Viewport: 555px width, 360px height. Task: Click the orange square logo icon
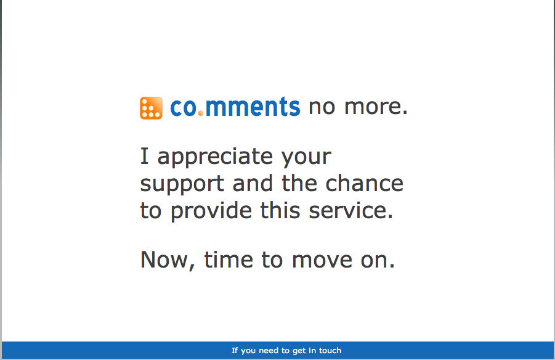coord(151,108)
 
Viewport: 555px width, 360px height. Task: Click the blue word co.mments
coord(235,107)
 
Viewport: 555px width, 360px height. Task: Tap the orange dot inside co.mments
coord(201,113)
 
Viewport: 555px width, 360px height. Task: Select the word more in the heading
coord(376,107)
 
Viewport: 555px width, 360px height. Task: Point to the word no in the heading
coord(322,107)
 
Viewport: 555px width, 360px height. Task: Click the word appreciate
coord(215,157)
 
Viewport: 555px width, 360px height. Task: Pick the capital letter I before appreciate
coord(144,156)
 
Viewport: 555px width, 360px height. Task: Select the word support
coord(182,184)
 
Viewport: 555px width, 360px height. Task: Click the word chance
coord(364,184)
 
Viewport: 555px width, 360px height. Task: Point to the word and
coord(253,184)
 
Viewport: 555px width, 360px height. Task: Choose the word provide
coord(211,211)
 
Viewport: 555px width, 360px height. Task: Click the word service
coord(351,211)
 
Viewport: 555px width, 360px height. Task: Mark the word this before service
coord(280,211)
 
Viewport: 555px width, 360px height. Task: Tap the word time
coord(229,260)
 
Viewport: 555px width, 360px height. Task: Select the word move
coord(322,261)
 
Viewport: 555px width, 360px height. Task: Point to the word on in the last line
coord(378,261)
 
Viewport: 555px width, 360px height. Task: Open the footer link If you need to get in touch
coord(286,350)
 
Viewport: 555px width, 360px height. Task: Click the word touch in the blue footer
coord(330,350)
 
